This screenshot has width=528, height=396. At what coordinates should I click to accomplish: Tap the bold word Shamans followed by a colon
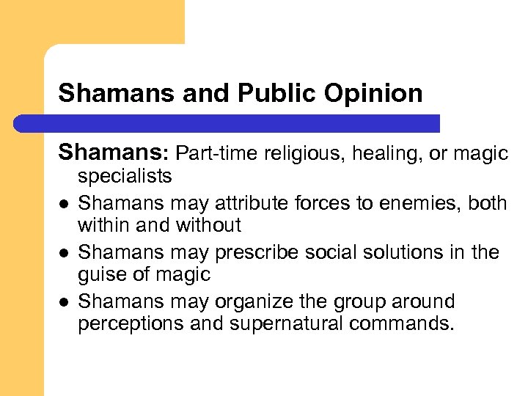(x=114, y=153)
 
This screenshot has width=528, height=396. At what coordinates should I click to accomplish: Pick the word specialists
(x=125, y=176)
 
